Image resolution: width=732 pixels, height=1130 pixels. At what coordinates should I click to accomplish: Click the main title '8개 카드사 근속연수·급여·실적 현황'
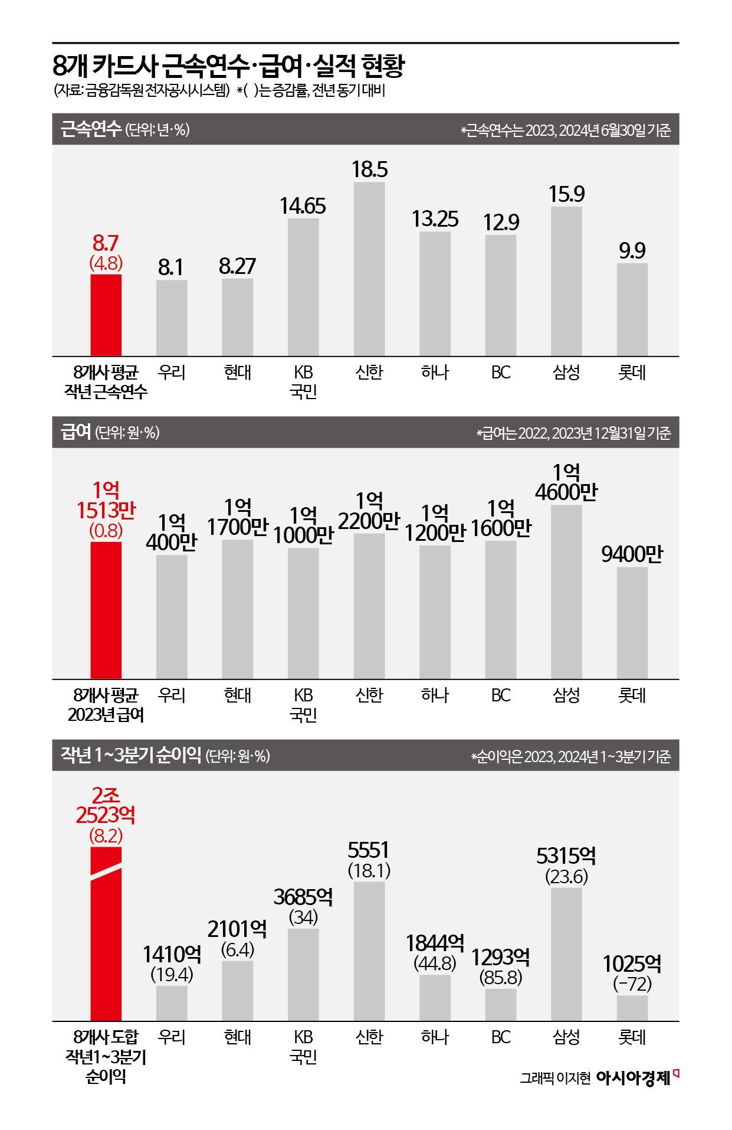click(228, 66)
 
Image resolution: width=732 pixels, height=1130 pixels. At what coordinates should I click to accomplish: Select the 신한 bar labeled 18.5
click(369, 269)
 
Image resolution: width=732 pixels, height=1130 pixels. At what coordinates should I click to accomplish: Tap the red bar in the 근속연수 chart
click(106, 315)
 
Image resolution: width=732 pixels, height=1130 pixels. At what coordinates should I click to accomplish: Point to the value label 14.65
click(303, 206)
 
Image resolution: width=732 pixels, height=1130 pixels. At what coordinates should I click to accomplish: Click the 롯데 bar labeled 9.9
click(632, 309)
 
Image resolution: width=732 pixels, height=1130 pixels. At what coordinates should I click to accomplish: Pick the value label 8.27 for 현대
click(237, 266)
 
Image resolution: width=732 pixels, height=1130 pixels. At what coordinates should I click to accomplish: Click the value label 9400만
click(632, 554)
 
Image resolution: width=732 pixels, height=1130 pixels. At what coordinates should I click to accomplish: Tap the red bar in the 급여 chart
click(106, 610)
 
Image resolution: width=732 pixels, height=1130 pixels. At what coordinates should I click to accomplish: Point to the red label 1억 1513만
click(106, 500)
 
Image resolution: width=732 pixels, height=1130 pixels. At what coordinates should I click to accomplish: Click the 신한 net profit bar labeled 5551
click(369, 951)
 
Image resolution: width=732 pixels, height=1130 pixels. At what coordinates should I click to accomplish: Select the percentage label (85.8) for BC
click(500, 978)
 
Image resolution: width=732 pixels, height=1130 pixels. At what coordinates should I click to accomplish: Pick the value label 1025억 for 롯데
click(632, 964)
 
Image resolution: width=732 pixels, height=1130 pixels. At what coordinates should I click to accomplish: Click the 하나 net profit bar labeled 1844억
click(435, 997)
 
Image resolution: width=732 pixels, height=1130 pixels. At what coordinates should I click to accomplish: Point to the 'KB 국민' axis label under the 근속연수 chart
click(303, 381)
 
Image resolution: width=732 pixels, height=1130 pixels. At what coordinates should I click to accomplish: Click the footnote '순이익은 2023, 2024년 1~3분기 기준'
click(571, 756)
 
